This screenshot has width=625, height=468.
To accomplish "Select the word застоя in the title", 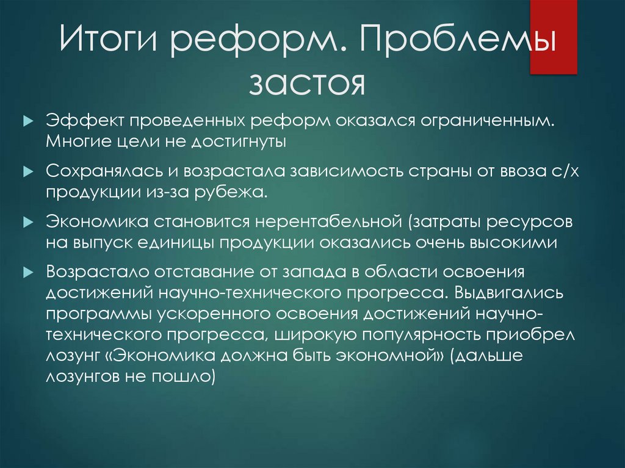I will coord(306,84).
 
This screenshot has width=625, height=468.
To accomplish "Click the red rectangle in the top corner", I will coord(553,37).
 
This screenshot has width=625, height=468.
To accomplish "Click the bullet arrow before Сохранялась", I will coord(26,173).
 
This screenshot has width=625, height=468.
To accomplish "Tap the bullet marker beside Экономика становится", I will coord(26,222).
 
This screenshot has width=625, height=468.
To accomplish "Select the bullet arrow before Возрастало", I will coord(26,271).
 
